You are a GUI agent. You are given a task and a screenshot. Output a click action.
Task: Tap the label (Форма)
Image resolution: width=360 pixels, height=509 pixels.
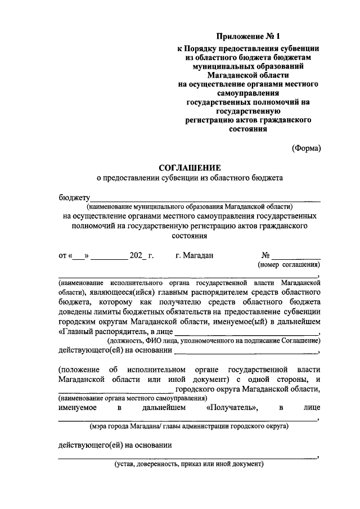tap(306, 148)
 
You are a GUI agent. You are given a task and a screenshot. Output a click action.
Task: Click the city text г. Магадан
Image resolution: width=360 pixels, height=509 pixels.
tap(194, 255)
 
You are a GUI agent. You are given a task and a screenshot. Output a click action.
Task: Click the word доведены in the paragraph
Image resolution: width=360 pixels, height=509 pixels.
tap(74, 312)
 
